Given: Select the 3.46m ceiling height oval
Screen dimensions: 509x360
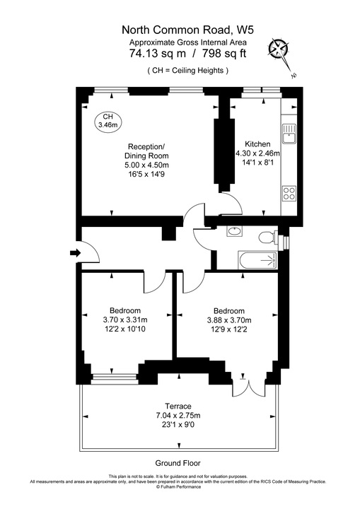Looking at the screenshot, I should [108, 120].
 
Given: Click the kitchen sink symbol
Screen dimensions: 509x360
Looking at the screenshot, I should [289, 132].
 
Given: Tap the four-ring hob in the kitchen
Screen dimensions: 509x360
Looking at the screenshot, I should [289, 193].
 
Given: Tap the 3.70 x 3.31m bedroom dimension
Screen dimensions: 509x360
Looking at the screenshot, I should [125, 320].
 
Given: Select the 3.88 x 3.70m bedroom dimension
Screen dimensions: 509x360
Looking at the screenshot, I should [228, 320].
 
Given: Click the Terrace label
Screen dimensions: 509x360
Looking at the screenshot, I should [178, 405].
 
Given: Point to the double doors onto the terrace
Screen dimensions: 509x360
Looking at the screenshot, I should [250, 385].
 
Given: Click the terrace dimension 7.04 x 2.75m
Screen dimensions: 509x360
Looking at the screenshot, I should [178, 415].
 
